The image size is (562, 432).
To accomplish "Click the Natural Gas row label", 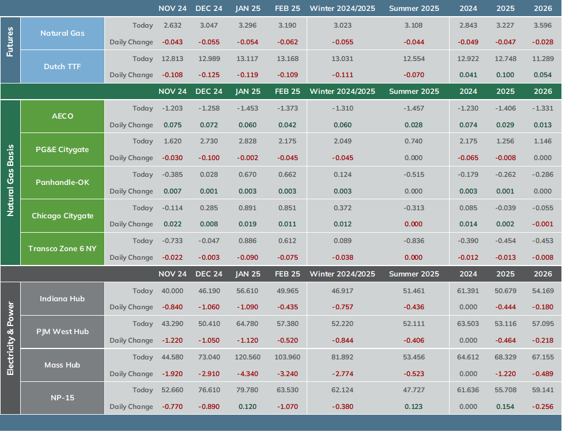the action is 62,33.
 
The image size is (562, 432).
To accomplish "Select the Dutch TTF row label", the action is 62,67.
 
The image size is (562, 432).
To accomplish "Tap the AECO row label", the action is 62,116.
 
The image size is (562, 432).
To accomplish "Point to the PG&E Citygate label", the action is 62,149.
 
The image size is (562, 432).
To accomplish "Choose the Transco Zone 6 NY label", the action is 62,249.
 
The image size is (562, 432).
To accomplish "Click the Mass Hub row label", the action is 62,365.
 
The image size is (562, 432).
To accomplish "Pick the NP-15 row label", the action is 62,397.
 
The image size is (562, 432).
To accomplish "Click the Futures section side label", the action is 10,41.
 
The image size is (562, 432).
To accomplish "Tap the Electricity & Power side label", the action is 10,339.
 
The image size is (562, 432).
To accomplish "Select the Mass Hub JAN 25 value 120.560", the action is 248,357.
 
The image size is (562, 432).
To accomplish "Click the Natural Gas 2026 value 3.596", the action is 543,25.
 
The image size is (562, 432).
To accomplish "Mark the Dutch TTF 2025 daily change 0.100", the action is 506,75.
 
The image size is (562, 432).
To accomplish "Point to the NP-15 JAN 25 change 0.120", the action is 248,407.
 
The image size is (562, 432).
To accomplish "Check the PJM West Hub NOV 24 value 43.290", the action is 172,324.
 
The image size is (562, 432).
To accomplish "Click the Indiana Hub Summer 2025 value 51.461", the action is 414,291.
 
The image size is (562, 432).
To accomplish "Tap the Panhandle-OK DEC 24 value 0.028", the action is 209,175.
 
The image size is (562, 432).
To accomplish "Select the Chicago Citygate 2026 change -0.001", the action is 543,224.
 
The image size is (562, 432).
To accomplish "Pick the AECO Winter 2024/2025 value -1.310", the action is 342,108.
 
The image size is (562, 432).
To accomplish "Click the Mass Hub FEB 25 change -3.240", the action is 288,374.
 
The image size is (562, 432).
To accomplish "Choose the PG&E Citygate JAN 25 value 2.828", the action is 248,141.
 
